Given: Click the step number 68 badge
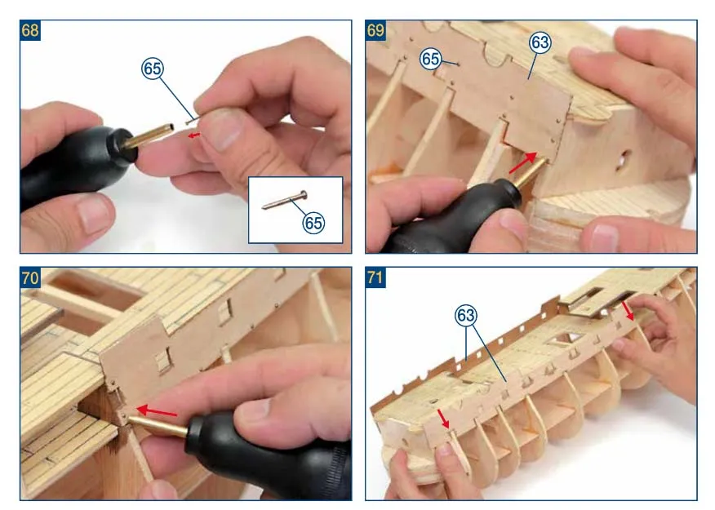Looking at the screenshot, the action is pos(30,30).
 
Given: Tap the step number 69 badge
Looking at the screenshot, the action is pos(375,30).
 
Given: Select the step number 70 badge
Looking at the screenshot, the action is pos(30,277).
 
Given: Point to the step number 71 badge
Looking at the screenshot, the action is pos(375,277).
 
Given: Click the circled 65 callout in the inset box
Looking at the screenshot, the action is pos(313,223).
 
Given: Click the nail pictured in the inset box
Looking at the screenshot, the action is pos(285,201).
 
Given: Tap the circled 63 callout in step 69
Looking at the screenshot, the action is pos(540,42).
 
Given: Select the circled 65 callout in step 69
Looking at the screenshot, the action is pos(430,59).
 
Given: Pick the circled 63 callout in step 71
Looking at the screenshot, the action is pos(465,316).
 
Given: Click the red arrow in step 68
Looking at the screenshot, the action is pos(194,135).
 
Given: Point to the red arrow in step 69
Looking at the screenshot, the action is pos(522,163).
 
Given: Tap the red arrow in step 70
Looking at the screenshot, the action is pos(157,411).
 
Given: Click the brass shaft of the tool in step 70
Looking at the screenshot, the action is pos(158,425).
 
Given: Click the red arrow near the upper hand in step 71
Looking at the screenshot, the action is pos(628,311).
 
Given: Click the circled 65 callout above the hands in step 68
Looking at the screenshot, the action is pos(152,69).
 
